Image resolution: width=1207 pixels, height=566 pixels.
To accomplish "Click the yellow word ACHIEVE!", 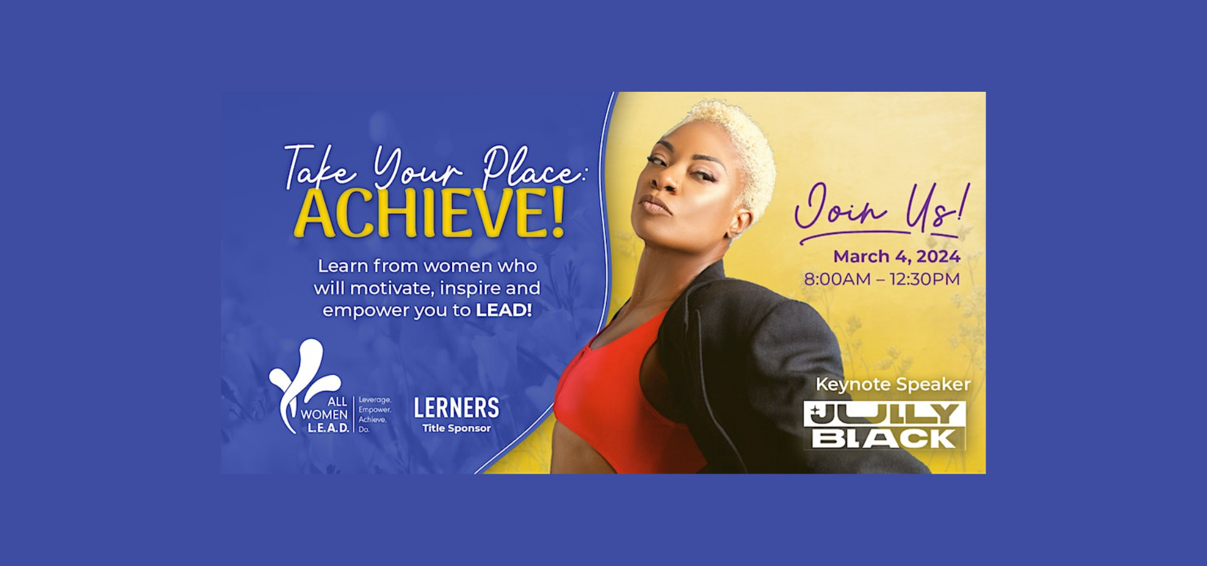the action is click(x=429, y=213).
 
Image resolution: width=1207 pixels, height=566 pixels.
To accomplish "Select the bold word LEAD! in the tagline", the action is click(x=504, y=310).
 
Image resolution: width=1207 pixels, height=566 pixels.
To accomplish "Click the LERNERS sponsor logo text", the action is click(x=456, y=408).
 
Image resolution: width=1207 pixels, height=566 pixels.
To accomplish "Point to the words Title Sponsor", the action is click(x=456, y=428).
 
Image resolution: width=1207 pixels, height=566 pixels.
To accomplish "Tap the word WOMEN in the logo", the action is click(x=324, y=414).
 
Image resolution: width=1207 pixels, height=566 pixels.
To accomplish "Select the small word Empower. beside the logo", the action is click(x=375, y=410).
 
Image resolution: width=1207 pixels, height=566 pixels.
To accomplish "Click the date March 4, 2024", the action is click(x=897, y=257).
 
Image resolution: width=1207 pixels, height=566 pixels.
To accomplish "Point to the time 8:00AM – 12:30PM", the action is click(x=882, y=279).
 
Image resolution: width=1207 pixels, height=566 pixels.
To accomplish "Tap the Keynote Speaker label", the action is click(x=893, y=384).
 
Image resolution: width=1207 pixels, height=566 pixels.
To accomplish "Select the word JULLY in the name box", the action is click(x=885, y=414).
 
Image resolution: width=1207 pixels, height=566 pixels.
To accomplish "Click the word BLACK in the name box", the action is click(x=884, y=438).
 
